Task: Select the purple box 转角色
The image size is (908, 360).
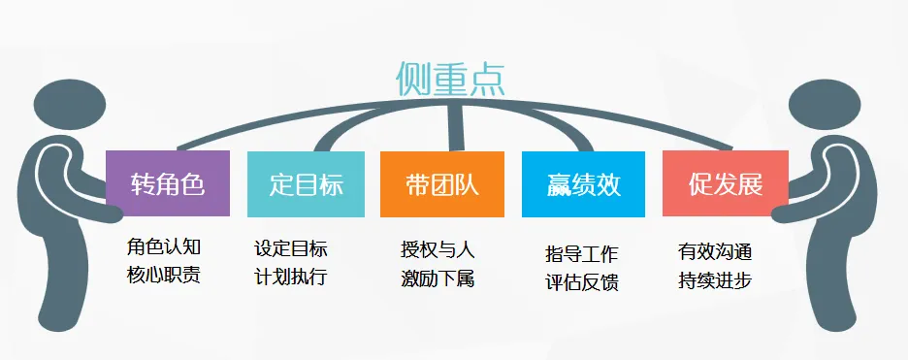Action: point(167,183)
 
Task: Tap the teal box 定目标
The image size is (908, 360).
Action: point(306,183)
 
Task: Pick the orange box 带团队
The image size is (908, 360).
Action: point(442,183)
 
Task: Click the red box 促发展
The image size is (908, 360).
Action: point(725,183)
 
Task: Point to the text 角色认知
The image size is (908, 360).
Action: point(164,247)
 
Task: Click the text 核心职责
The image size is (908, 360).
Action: point(164,275)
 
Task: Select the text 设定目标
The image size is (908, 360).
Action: point(290,247)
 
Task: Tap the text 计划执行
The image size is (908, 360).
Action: point(290,276)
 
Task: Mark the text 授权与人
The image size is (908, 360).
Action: point(438,249)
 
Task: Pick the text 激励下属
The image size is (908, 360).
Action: point(438,278)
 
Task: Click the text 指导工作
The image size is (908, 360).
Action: point(582,254)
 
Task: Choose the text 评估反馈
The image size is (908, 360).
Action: point(582,282)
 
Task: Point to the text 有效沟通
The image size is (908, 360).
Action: point(715,252)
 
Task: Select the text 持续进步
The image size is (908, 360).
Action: point(715,280)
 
